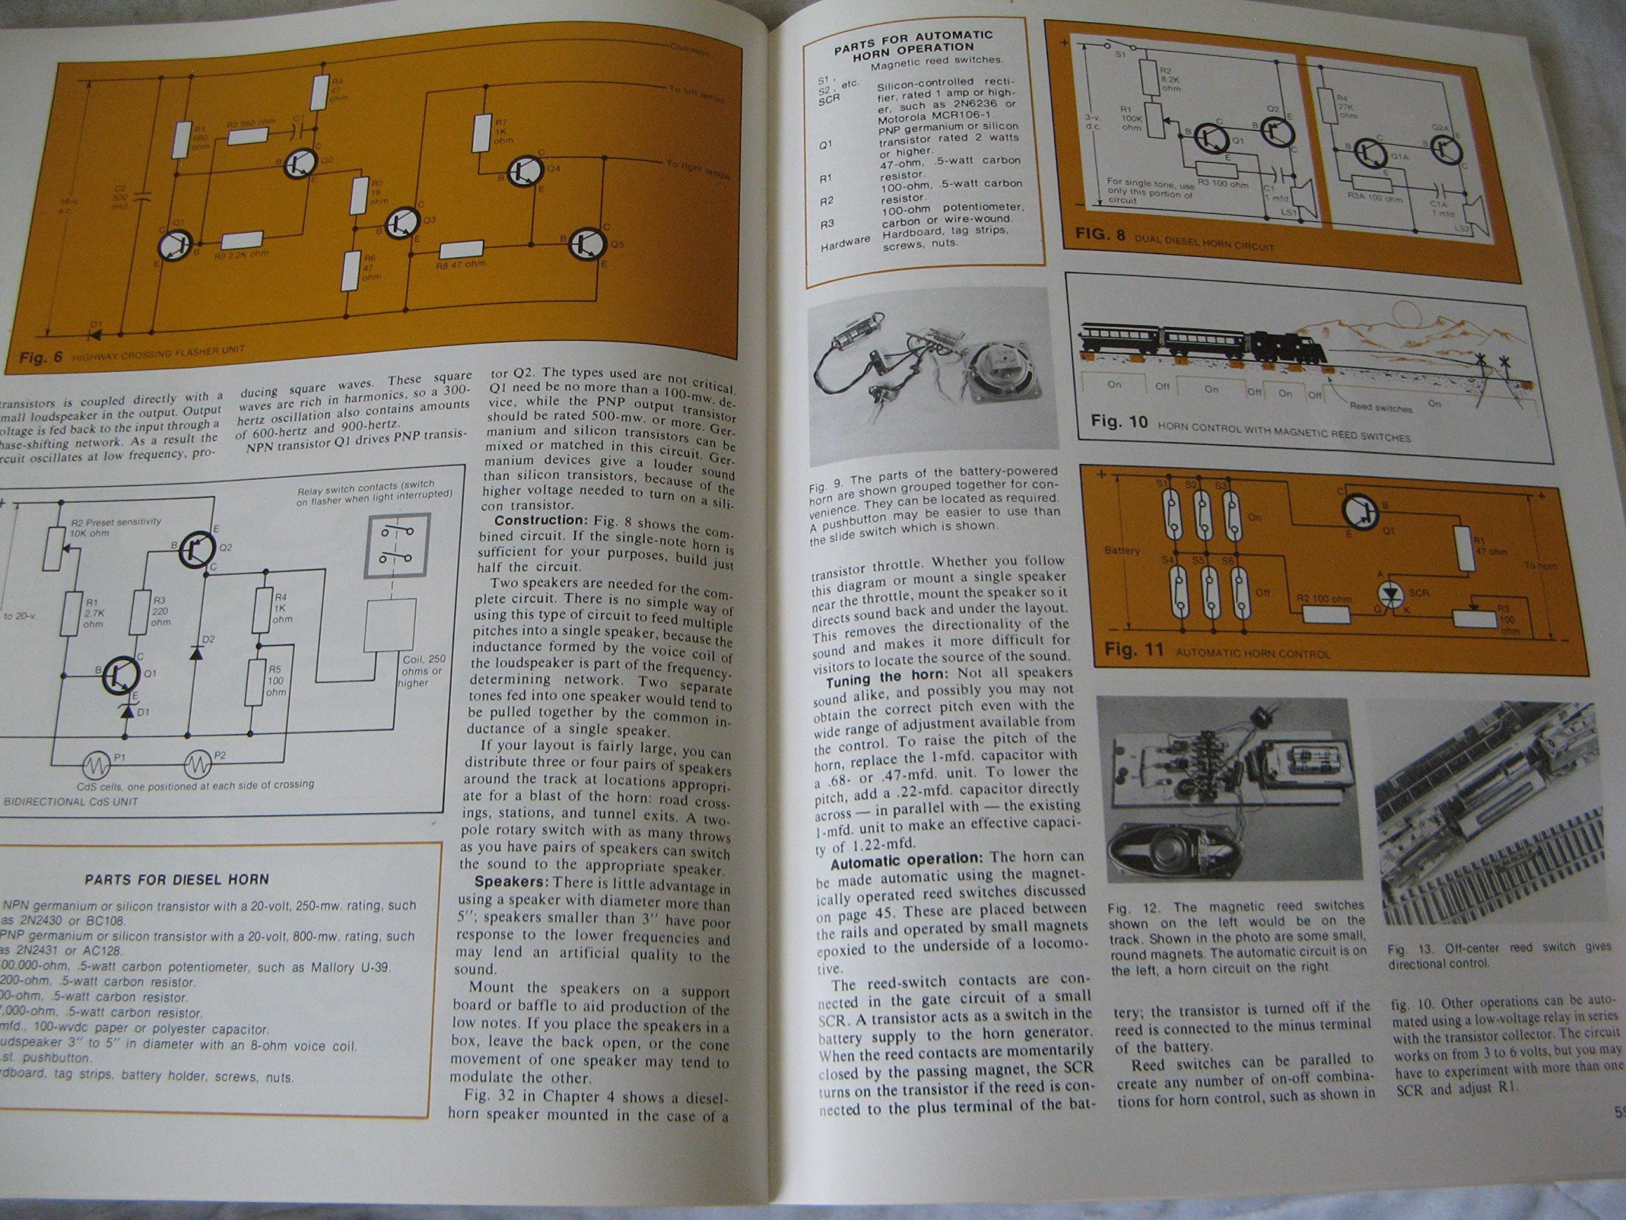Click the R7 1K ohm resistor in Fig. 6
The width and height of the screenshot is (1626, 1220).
482,132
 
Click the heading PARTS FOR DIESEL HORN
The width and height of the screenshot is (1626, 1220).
177,879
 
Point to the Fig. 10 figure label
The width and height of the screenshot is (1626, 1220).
1118,422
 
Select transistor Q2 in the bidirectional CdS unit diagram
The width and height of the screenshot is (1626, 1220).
196,547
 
